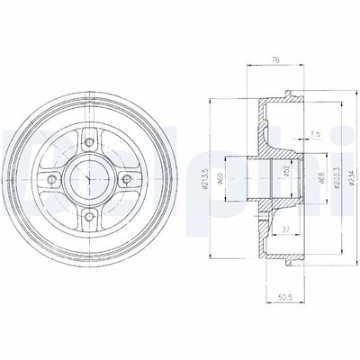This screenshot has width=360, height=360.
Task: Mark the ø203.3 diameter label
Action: coord(311,174)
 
